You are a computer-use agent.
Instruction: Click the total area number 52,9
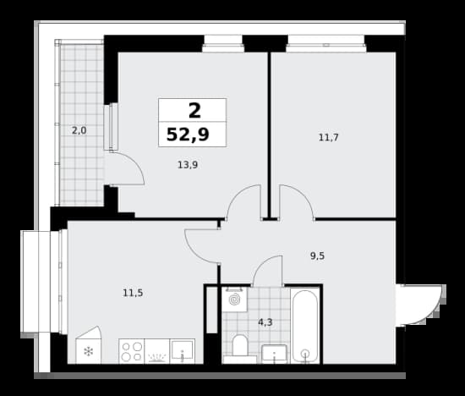[188, 135]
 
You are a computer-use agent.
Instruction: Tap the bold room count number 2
[194, 111]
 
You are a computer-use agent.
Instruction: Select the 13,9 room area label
[188, 164]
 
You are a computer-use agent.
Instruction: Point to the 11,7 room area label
[328, 137]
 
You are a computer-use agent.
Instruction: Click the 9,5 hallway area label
[317, 256]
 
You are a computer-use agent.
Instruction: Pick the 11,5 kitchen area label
[133, 293]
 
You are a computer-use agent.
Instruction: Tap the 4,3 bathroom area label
[265, 322]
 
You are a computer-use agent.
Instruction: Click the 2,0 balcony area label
[79, 130]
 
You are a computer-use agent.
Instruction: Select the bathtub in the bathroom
[305, 326]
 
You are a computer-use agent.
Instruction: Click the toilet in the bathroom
[239, 348]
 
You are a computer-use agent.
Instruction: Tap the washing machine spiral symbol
[234, 300]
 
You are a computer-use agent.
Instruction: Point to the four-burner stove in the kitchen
[132, 351]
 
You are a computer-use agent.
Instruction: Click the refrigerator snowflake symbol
[89, 352]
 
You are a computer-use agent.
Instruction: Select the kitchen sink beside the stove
[183, 351]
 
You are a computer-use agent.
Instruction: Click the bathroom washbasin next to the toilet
[274, 354]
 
